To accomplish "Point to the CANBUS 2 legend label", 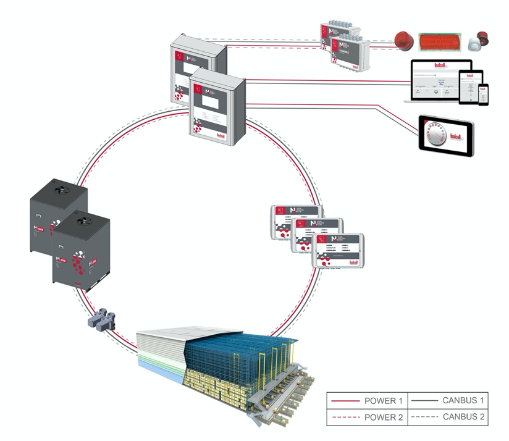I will coord(463,418).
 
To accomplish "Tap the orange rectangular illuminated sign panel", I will coord(440,42).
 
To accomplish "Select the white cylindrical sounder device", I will coord(476,41).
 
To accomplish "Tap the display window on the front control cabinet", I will coord(211,94).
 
